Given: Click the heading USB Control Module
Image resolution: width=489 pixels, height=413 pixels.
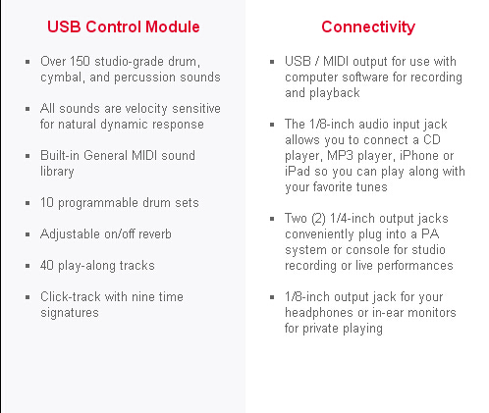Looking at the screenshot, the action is (124, 26).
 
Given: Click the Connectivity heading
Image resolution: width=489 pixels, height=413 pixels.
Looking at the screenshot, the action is (368, 26).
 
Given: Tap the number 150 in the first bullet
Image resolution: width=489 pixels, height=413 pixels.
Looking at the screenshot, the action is (80, 62).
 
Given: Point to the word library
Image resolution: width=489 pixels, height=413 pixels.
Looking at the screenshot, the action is (57, 172).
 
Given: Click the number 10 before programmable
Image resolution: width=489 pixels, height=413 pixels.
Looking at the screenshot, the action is (47, 203).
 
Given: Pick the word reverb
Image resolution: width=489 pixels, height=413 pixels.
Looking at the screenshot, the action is (155, 234).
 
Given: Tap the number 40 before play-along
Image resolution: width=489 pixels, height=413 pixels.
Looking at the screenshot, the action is (47, 266).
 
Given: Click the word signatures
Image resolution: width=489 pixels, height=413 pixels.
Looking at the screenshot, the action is (70, 313).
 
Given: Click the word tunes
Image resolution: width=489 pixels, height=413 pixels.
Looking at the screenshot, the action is (371, 187).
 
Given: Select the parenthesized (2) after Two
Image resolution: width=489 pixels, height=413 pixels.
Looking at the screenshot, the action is (318, 219).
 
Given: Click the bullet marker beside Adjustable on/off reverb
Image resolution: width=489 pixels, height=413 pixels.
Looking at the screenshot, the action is (27, 234).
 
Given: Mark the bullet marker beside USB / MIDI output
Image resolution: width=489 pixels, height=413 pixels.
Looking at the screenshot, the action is (272, 62).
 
